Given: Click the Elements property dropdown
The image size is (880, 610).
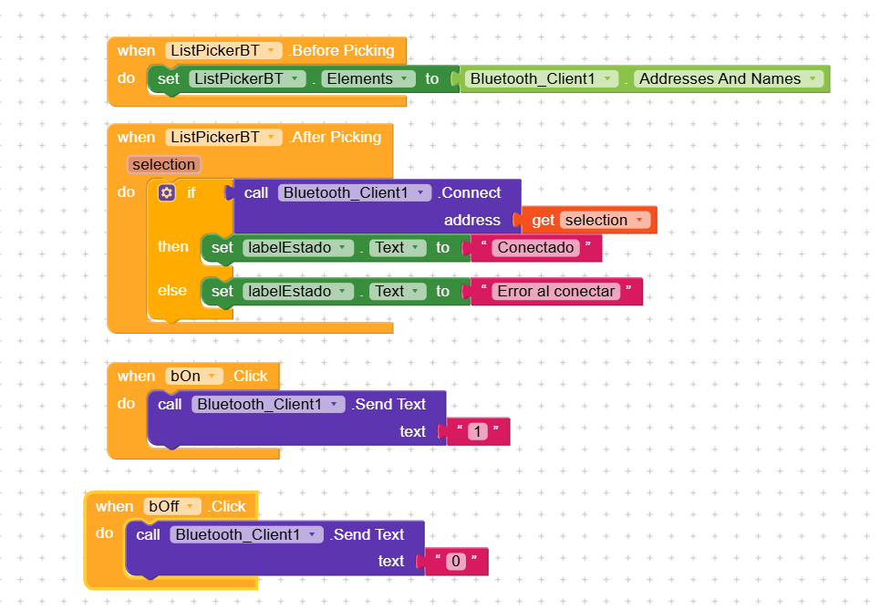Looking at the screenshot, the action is point(368,79).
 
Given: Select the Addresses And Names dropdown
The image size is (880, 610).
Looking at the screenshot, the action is point(728,79).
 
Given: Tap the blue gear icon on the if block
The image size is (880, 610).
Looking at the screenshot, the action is point(167,193).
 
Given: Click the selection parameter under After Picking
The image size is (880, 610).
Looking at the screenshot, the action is point(164,164).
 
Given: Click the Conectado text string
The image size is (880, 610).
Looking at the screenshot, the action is point(536,247).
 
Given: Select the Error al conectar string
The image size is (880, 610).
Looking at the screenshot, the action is point(556,291).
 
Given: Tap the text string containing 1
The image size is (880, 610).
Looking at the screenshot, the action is point(478,431).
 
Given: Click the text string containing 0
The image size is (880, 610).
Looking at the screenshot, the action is point(456,561).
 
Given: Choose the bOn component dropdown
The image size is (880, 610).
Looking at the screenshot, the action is point(193,376).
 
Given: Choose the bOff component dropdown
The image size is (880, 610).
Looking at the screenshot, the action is point(172,506).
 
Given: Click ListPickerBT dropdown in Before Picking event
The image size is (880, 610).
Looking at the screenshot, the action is point(223,50).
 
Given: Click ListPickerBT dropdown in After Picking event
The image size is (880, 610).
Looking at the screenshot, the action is point(223,137).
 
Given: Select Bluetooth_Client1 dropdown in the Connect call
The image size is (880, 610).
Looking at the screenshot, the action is point(355,192).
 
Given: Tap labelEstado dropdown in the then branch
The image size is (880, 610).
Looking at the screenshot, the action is point(298,247).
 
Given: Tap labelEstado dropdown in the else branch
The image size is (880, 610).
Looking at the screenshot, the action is point(298,291).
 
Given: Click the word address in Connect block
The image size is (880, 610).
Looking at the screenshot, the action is point(472,220).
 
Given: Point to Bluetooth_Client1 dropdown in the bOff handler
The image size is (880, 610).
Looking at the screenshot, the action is point(246,534).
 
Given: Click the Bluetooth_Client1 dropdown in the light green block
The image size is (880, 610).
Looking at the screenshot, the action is point(542,79).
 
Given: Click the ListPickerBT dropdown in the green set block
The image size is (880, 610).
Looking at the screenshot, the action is point(247,79).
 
